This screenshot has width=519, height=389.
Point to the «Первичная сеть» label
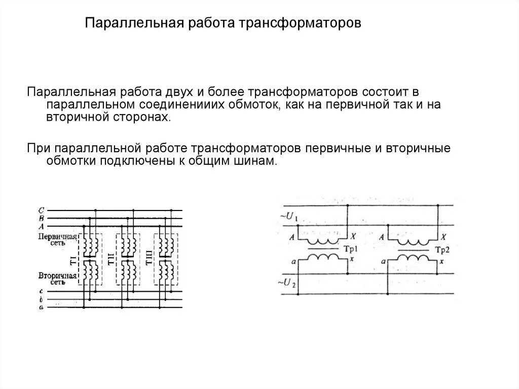coord(57,240)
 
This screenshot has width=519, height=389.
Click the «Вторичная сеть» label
coord(57,279)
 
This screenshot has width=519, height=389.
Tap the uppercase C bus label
coord(41,210)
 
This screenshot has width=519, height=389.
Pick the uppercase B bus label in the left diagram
coord(41,218)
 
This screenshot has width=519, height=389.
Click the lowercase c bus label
coord(41,292)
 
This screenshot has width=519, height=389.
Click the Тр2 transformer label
coord(442,250)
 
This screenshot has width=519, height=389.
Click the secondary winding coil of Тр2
coord(415,258)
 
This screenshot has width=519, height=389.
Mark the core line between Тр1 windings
coord(323,249)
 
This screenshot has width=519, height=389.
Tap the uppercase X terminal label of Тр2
coord(443,237)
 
